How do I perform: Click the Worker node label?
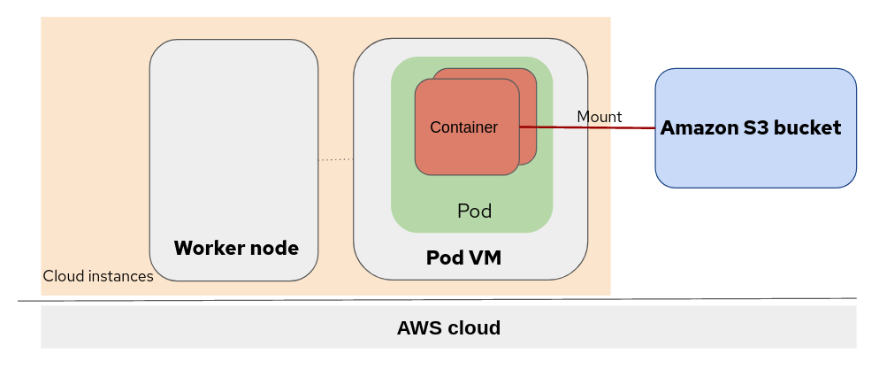click(x=236, y=248)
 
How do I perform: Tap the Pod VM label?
click(x=464, y=258)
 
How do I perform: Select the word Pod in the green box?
click(x=474, y=211)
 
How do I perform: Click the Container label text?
click(x=463, y=127)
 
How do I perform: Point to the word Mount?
click(x=600, y=117)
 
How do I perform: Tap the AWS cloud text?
click(x=448, y=328)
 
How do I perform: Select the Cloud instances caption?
click(x=98, y=276)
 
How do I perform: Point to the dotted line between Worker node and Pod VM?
click(x=336, y=159)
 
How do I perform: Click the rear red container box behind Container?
click(x=528, y=88)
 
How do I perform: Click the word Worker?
click(x=208, y=248)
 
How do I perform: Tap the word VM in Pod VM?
click(x=485, y=258)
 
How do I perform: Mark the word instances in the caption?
click(x=121, y=276)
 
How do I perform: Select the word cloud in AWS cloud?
click(x=471, y=328)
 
